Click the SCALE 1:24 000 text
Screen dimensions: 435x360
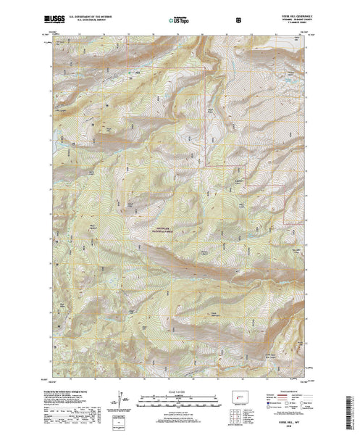tap(180, 391)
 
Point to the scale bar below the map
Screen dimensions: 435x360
tap(180, 397)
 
